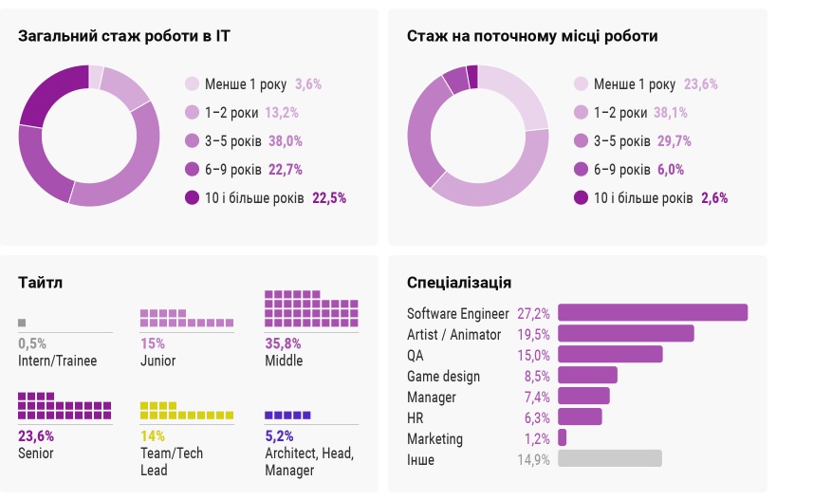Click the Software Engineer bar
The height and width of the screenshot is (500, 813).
pos(653,313)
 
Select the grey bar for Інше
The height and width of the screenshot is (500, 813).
pos(610,459)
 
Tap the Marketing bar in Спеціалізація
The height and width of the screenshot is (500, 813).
pos(563,438)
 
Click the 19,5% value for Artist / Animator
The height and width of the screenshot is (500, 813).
pos(534,334)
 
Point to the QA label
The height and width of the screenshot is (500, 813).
pos(416,355)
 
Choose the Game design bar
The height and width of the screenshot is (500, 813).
pos(588,376)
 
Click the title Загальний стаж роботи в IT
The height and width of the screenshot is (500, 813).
pos(124,36)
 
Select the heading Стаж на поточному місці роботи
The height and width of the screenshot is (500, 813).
pos(532,36)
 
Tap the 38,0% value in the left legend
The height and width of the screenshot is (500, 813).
pos(286,140)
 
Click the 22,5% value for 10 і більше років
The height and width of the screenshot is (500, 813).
pos(329,197)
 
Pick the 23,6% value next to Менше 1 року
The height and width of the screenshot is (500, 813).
pos(701,83)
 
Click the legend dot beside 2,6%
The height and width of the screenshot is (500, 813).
pos(581,197)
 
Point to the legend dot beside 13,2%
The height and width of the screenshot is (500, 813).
pos(193,112)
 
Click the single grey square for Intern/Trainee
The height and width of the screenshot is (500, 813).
pos(22,323)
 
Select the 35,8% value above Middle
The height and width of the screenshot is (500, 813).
pos(283,343)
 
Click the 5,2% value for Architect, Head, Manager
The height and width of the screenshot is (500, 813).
pos(281,436)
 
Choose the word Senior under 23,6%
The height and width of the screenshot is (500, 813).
pos(36,454)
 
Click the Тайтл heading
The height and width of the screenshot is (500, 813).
pos(41,283)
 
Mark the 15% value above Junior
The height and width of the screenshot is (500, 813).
pos(153,343)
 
